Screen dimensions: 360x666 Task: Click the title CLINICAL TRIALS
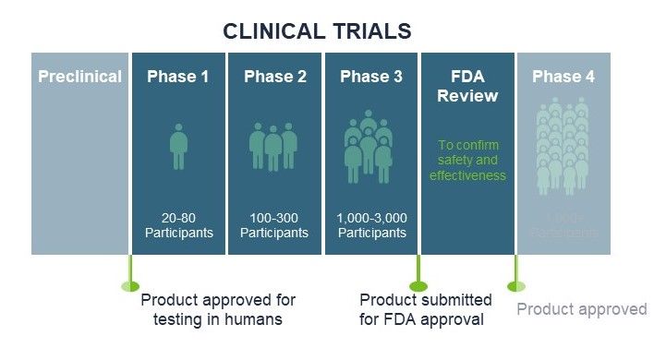click(317, 30)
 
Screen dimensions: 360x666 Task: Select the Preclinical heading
click(79, 77)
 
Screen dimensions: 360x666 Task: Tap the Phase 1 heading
click(178, 77)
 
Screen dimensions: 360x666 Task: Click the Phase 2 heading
click(274, 77)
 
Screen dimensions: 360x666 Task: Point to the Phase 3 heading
click(370, 77)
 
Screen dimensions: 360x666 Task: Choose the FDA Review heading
click(467, 86)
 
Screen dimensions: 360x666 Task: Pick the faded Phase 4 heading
click(563, 77)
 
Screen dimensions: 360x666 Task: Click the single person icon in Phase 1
click(178, 148)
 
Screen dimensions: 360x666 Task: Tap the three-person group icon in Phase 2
click(274, 146)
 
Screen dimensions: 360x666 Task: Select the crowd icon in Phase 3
click(370, 146)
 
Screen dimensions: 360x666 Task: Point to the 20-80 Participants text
click(178, 225)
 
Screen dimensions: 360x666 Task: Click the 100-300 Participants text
click(274, 225)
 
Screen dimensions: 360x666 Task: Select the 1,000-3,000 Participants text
click(370, 225)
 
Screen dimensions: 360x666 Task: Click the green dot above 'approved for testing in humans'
click(129, 285)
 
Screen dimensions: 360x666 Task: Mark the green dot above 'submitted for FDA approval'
click(418, 285)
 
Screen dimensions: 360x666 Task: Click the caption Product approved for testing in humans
click(218, 310)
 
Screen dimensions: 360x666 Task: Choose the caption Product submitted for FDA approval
click(426, 310)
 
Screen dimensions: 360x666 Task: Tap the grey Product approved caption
click(581, 309)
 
